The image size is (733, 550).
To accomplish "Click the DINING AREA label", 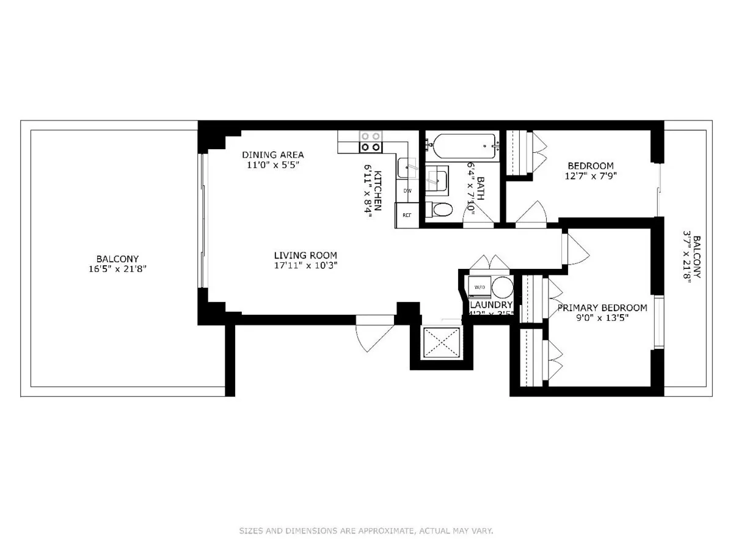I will [x=272, y=155].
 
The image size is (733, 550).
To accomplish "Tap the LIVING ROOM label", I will [x=305, y=255].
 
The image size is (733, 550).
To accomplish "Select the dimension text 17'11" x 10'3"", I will [x=305, y=265].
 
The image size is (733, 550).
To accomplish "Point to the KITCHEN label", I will [x=378, y=190].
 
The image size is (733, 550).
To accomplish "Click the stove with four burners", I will [x=370, y=142].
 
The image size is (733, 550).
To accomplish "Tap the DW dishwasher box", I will [x=407, y=191].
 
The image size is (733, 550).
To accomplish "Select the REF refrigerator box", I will [x=407, y=215].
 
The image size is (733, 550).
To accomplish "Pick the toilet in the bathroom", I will [x=441, y=210].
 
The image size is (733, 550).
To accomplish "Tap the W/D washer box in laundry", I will [x=480, y=287].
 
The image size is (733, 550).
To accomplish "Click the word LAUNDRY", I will [x=490, y=305].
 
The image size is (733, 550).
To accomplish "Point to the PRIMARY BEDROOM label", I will [x=602, y=307].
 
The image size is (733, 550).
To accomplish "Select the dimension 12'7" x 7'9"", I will [x=590, y=176].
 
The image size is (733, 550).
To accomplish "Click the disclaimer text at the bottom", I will [x=366, y=531].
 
